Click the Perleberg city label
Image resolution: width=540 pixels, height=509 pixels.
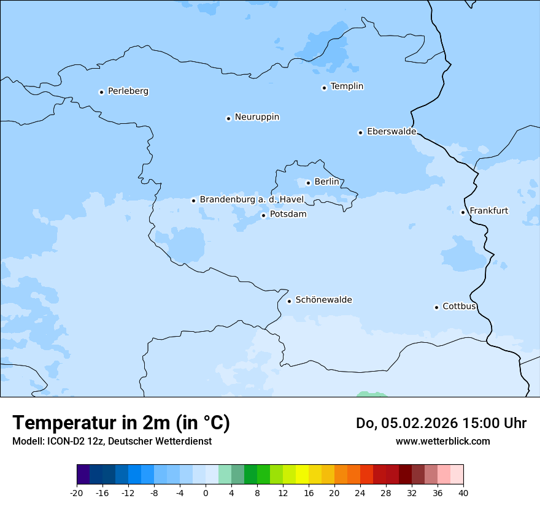tap(128, 91)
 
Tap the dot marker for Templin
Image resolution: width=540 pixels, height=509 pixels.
tap(324, 88)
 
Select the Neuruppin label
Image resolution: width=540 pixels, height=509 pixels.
tap(256, 117)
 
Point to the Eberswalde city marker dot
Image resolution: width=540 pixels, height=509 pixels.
tap(360, 132)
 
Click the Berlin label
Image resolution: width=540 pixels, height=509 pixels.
tap(326, 182)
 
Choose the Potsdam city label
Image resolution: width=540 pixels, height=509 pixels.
tap(288, 215)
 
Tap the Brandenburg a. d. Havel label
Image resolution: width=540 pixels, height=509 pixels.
tap(252, 200)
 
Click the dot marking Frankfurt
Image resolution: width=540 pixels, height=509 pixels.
tap(463, 212)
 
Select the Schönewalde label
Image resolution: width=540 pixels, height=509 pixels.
tap(323, 300)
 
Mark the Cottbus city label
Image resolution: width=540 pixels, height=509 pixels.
tap(459, 307)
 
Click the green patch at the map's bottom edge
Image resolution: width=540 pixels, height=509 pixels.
tap(371, 394)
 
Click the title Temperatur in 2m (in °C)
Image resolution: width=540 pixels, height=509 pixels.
tap(121, 423)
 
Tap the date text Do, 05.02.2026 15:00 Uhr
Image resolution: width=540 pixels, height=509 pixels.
tap(441, 423)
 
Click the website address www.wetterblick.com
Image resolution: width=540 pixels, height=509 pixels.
tap(442, 441)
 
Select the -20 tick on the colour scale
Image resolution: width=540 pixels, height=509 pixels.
tap(77, 493)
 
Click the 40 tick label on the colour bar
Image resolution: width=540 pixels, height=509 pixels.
tap(463, 493)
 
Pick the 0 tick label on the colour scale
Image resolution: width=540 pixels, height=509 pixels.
tap(206, 493)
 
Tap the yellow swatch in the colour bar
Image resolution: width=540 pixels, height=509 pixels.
tap(302, 475)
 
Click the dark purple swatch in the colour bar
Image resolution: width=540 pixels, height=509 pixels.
tap(83, 475)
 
